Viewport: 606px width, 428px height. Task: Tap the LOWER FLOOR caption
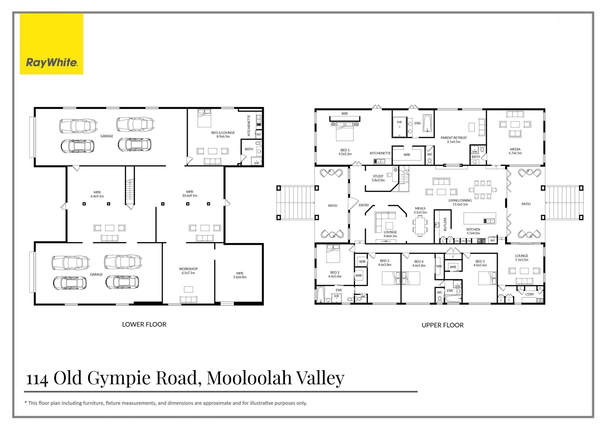pos(144,324)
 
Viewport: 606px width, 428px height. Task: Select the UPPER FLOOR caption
pos(442,325)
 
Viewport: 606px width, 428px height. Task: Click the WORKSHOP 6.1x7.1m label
pos(188,271)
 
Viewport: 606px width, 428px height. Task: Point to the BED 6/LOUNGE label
pos(223,134)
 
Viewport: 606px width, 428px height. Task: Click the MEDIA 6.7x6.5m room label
pos(515,151)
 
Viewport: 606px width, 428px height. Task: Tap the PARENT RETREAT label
pos(453,139)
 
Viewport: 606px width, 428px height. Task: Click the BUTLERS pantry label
pos(445,224)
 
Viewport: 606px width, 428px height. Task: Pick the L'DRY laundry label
pos(529,294)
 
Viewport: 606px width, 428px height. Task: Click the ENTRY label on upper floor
pos(364,205)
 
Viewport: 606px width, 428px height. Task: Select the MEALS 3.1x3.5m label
pos(420,210)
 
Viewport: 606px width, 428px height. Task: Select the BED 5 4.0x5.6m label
pos(480,263)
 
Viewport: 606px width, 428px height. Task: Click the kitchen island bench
pos(480,218)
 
